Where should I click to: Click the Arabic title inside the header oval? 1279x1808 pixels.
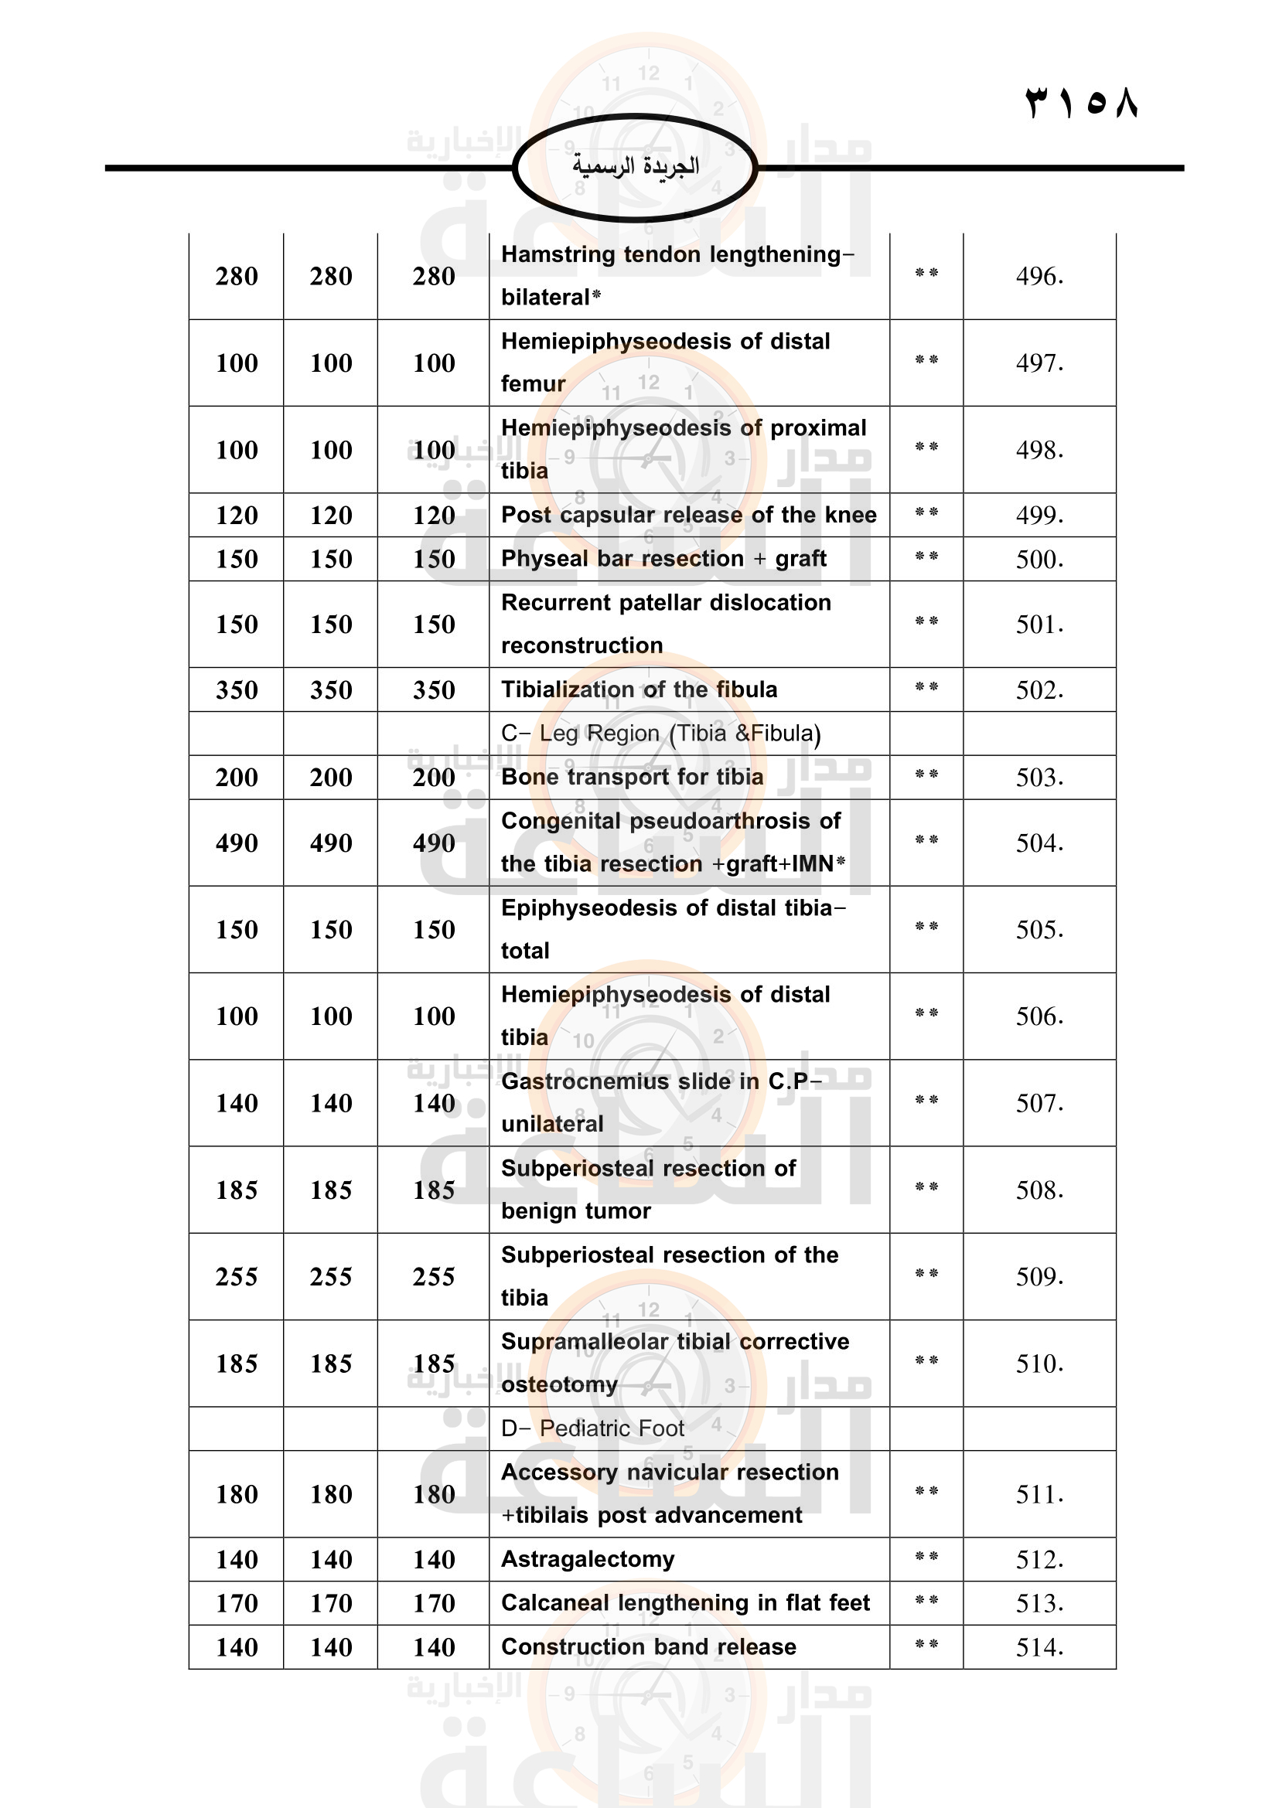(635, 165)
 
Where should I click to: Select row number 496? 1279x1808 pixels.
(1039, 277)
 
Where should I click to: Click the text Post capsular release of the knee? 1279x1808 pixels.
(688, 515)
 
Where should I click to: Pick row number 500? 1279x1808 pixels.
(1039, 559)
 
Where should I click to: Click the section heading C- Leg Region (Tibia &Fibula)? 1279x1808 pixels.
(660, 733)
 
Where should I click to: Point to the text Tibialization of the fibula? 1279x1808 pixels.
(639, 689)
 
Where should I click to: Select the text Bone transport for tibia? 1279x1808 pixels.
(632, 777)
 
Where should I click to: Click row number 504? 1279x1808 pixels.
(1039, 843)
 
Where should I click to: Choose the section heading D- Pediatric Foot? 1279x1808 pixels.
(592, 1428)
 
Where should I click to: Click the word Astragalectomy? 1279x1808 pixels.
(588, 1559)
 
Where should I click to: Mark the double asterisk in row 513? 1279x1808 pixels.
(926, 1601)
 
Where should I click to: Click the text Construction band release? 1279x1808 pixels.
(648, 1646)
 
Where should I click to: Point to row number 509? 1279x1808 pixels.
(1039, 1276)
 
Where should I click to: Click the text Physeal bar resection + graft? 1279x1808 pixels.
(663, 559)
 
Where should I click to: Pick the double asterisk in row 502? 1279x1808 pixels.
(926, 687)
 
